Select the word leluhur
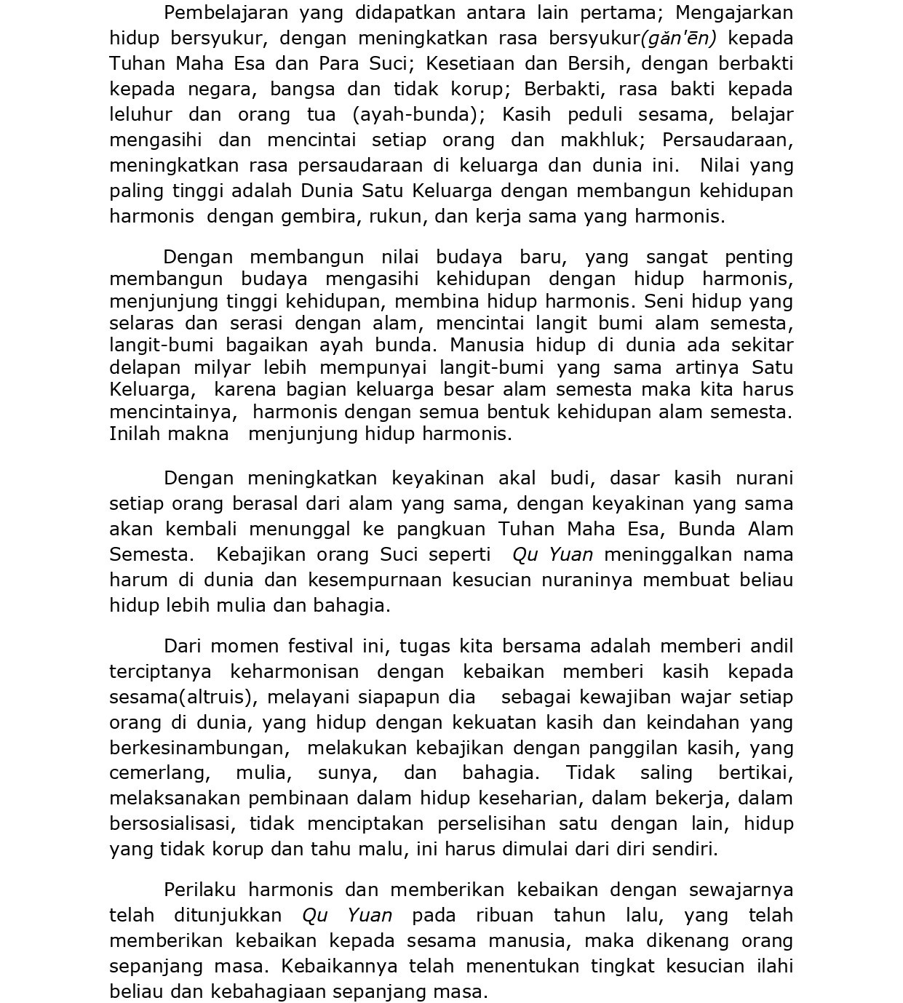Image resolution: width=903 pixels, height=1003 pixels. (x=140, y=115)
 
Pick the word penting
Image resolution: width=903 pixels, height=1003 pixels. (x=758, y=257)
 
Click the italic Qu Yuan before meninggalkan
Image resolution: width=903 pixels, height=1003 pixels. (x=552, y=555)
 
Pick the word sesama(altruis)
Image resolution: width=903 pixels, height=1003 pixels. (x=183, y=698)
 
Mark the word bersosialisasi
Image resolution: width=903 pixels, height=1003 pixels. (x=172, y=824)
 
